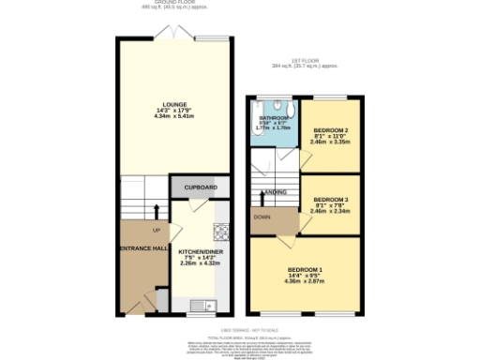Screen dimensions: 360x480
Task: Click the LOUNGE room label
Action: tap(174, 104)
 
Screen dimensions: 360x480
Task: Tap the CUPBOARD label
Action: tap(201, 188)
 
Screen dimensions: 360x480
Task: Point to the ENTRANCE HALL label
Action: tap(142, 247)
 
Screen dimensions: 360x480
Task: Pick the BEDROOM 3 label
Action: tap(331, 200)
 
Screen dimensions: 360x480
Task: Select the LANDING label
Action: tap(275, 192)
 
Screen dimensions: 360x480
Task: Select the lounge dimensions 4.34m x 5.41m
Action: tap(174, 117)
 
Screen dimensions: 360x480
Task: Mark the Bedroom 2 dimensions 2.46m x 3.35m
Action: tap(331, 143)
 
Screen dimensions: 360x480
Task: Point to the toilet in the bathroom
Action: tap(286, 105)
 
